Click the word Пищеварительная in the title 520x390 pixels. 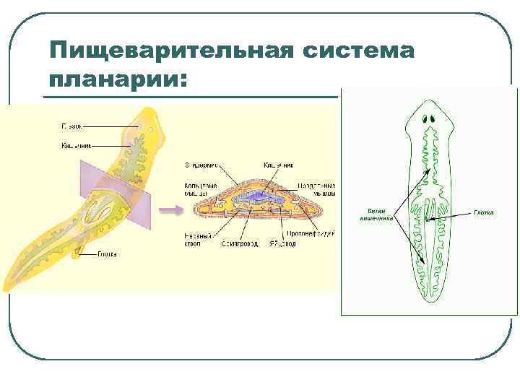[170, 52]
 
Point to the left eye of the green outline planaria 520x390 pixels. [424, 118]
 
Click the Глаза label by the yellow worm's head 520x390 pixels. [70, 126]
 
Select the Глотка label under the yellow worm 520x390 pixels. [107, 254]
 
